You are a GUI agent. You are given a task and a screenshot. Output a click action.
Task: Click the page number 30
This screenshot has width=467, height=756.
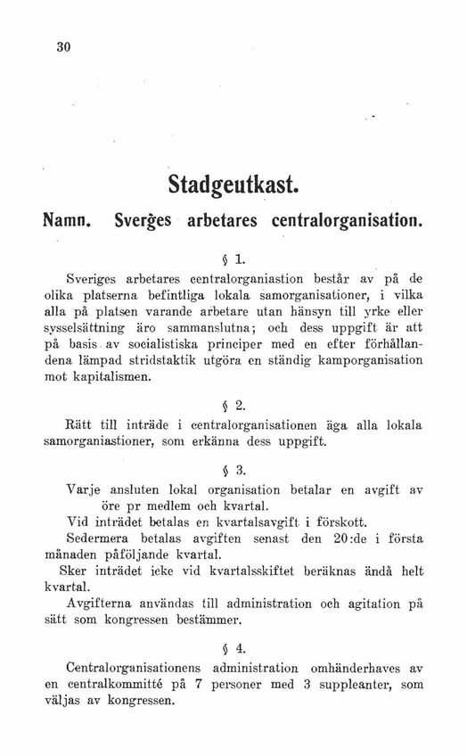(62, 47)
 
